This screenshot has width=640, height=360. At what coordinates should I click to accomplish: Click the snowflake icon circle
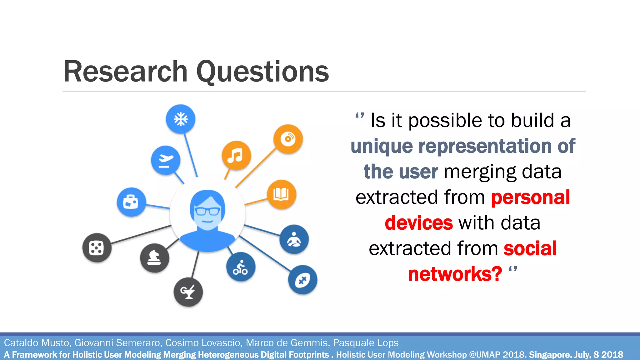pyautogui.click(x=181, y=119)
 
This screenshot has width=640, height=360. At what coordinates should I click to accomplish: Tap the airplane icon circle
pyautogui.click(x=166, y=161)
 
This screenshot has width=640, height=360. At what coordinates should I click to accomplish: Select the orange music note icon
pyautogui.click(x=236, y=155)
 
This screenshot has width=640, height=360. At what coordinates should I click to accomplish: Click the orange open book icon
pyautogui.click(x=281, y=194)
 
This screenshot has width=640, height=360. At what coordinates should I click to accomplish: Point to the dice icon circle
pyautogui.click(x=97, y=248)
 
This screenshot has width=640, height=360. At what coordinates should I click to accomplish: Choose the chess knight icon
pyautogui.click(x=154, y=258)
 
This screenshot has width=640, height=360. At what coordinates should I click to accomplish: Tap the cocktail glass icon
pyautogui.click(x=188, y=292)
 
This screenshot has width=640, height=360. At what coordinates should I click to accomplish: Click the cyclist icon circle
pyautogui.click(x=241, y=267)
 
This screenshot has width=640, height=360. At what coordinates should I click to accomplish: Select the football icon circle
pyautogui.click(x=302, y=280)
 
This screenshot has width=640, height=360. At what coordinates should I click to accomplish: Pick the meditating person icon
pyautogui.click(x=294, y=239)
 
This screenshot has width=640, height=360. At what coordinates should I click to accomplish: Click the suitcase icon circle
pyautogui.click(x=131, y=202)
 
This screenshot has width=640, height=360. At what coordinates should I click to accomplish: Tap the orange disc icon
pyautogui.click(x=288, y=139)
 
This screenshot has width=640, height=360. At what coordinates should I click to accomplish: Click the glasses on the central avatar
pyautogui.click(x=207, y=211)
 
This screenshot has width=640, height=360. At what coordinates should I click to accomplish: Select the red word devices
pyautogui.click(x=418, y=223)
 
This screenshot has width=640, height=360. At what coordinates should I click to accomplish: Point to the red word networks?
pyautogui.click(x=455, y=274)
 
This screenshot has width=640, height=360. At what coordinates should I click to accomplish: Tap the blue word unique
pyautogui.click(x=382, y=146)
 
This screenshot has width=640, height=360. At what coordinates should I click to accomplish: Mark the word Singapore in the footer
pyautogui.click(x=550, y=355)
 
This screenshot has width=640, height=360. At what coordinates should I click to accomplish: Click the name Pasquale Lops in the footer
pyautogui.click(x=366, y=343)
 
